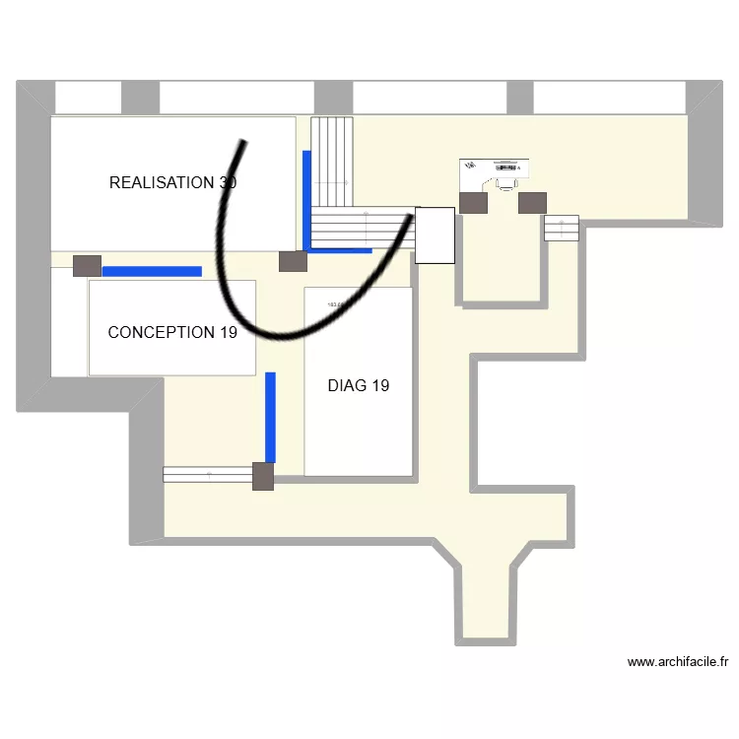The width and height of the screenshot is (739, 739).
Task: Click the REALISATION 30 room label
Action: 172,182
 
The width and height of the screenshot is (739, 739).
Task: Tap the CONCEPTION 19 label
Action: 172,333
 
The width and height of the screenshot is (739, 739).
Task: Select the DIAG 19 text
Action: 358,385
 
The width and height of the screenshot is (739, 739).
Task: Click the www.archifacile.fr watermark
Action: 678,662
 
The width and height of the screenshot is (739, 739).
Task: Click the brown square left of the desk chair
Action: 473,202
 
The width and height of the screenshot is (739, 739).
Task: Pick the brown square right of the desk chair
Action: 532,202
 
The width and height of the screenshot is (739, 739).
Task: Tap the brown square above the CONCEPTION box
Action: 87,265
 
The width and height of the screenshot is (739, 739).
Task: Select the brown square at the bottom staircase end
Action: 263,476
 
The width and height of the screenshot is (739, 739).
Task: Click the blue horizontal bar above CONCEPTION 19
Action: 152,271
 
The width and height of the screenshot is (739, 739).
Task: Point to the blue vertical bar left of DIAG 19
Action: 270,417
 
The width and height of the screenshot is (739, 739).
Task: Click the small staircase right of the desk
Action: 561,228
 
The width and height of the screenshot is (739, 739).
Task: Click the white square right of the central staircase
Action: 435,235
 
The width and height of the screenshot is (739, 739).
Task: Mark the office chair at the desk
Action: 505,182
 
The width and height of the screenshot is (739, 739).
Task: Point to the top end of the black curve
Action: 242,143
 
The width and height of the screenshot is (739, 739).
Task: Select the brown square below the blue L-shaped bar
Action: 293,261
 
